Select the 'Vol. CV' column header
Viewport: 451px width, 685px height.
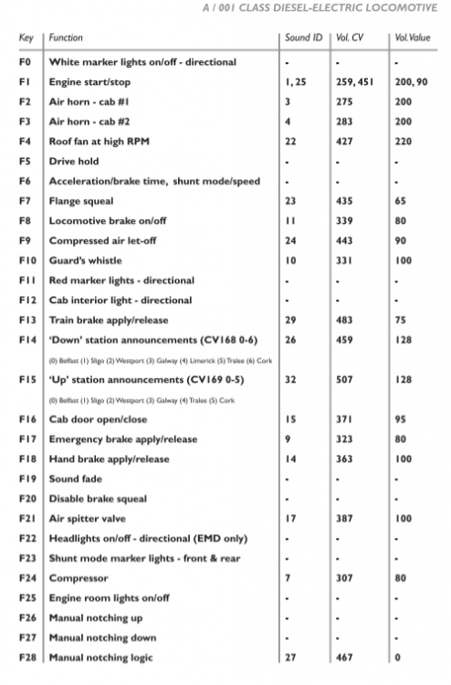(x=349, y=38)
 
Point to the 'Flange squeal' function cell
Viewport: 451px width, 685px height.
(x=82, y=200)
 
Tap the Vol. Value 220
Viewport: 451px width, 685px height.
(x=403, y=142)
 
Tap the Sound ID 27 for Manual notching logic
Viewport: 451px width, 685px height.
(x=289, y=657)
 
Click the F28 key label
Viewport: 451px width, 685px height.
(x=26, y=657)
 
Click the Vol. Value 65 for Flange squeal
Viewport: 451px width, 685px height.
(x=400, y=200)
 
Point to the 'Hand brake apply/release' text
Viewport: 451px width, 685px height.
(x=108, y=458)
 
